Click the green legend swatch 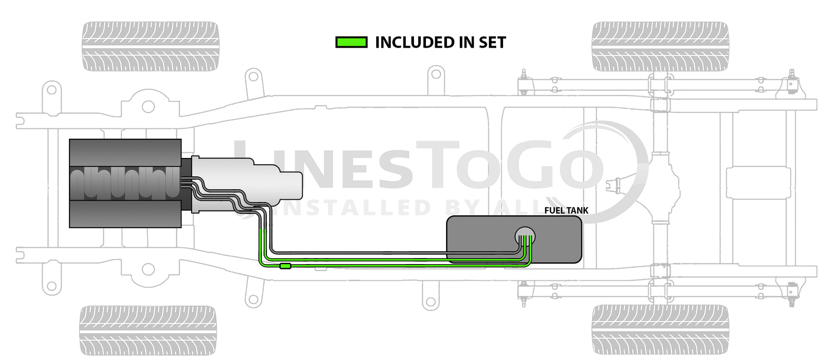[351, 42]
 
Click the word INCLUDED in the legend [408, 43]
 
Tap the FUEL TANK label [566, 210]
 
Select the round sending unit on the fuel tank [525, 236]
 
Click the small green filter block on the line [285, 266]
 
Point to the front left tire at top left [151, 46]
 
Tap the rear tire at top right [660, 46]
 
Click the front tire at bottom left [148, 330]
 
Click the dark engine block [125, 183]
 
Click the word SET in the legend [492, 43]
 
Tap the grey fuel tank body [482, 239]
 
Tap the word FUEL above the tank [554, 210]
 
